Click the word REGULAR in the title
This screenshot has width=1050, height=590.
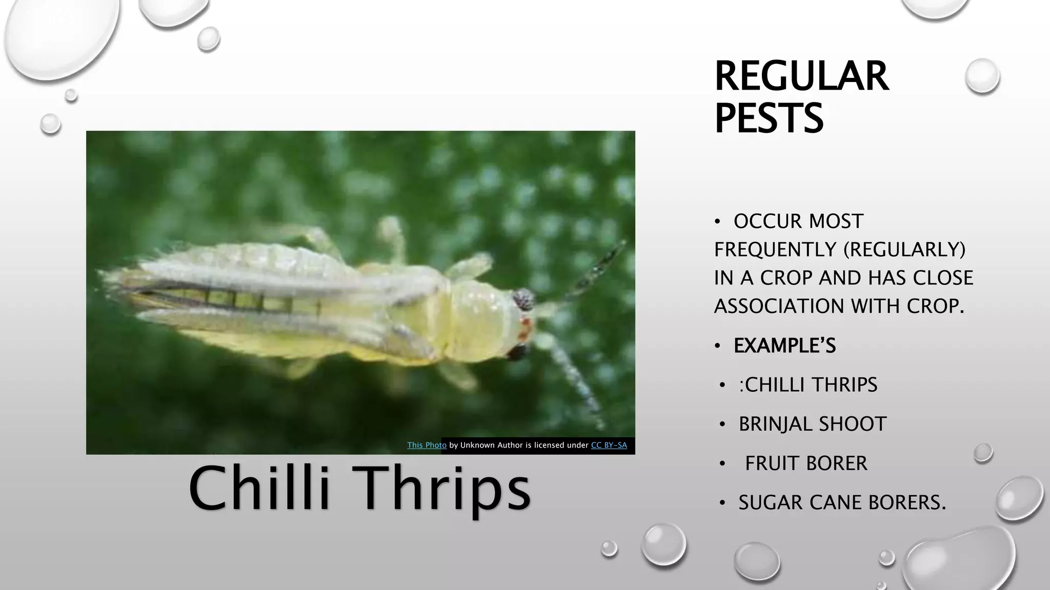(801, 77)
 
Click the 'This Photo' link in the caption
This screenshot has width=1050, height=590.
(427, 446)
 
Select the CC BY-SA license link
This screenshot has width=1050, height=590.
(609, 446)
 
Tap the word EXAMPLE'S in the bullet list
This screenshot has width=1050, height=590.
(784, 346)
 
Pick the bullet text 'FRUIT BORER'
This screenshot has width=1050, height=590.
(806, 463)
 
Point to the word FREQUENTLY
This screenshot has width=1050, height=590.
(775, 250)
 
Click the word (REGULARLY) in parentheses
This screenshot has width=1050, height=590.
(904, 250)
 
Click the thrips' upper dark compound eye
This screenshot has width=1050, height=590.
(524, 299)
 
